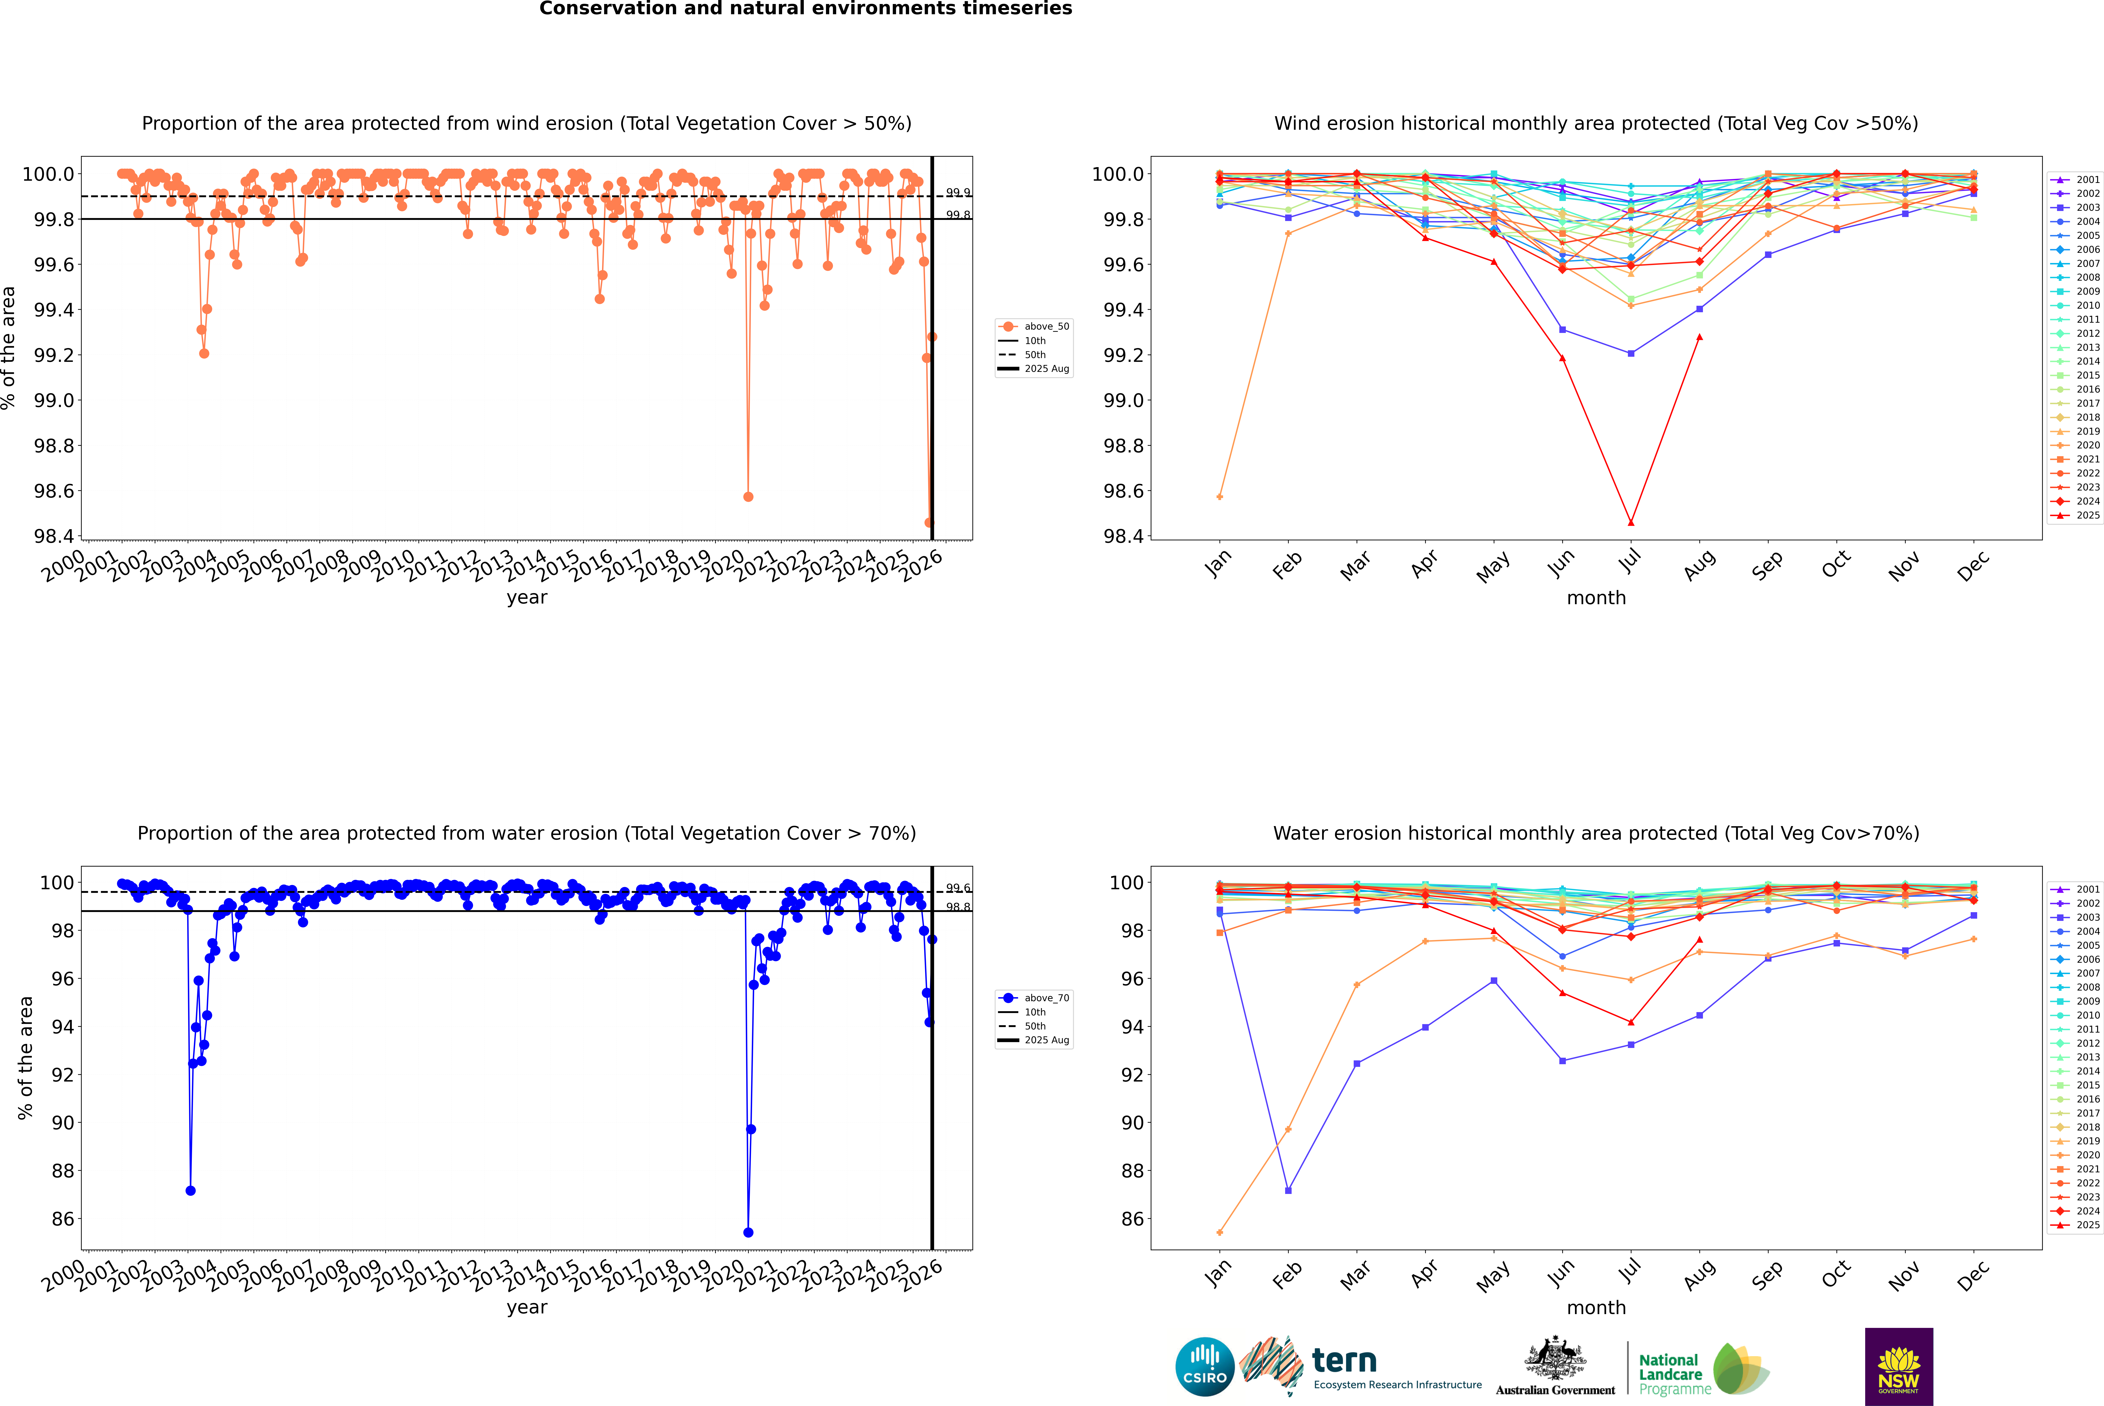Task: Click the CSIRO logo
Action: point(1205,1367)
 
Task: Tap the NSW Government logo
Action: point(1899,1367)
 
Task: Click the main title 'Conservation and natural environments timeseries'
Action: point(805,9)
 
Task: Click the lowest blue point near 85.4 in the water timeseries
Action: point(748,1232)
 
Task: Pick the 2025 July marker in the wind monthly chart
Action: point(1630,522)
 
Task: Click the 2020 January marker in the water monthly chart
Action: point(1220,1232)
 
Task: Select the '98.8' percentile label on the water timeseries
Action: point(958,908)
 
